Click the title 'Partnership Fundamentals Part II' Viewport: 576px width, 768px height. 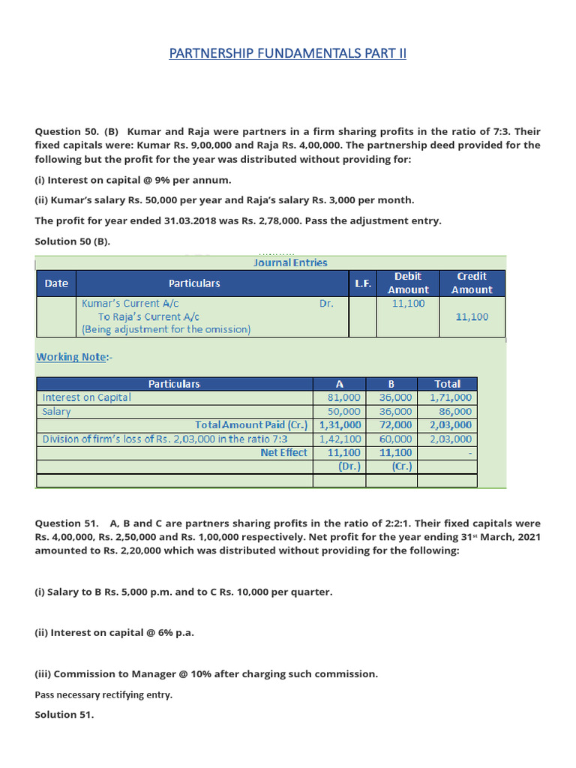pos(288,53)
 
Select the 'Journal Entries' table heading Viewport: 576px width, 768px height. pos(290,262)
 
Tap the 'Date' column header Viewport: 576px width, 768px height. pos(56,283)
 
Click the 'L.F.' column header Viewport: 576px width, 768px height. pos(363,283)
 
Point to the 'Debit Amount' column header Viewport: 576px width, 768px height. pos(408,283)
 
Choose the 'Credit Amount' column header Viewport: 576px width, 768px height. pos(472,283)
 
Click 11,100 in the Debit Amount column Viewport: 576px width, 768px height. pos(409,304)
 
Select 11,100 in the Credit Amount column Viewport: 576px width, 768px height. pos(472,316)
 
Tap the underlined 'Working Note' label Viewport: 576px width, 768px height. pos(72,357)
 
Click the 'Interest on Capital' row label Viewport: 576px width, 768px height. pos(87,397)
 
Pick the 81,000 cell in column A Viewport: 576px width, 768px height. pos(344,397)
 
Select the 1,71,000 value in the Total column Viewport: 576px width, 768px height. pos(451,397)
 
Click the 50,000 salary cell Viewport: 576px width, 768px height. pos(344,412)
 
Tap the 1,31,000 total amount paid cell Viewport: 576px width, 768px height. pos(340,425)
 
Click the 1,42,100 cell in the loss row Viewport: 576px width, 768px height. pos(340,439)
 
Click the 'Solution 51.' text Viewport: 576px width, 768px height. pos(64,715)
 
